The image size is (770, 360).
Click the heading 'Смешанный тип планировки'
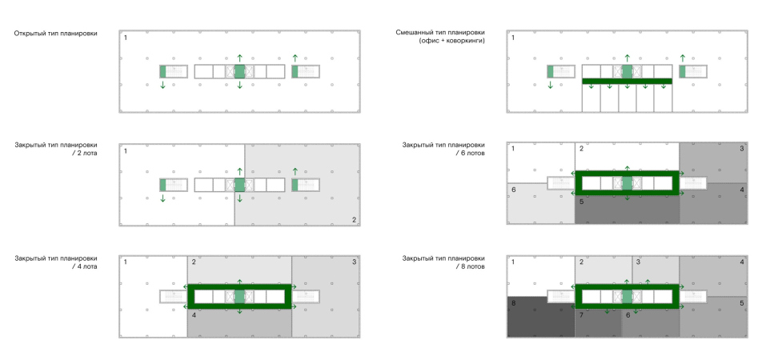point(440,33)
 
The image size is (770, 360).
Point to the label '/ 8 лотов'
point(468,266)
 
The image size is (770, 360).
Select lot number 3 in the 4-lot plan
point(353,262)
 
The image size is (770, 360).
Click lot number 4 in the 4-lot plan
point(194,315)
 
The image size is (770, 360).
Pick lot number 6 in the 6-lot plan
point(513,189)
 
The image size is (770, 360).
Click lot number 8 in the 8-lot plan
point(513,302)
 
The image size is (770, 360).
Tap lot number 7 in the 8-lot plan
point(581,315)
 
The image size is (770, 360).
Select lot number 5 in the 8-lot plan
point(741,303)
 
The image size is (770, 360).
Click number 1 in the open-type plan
point(126,38)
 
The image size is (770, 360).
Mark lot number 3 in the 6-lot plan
point(741,149)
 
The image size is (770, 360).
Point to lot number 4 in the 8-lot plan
point(741,262)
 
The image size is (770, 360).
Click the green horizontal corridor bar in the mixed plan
point(627,82)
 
